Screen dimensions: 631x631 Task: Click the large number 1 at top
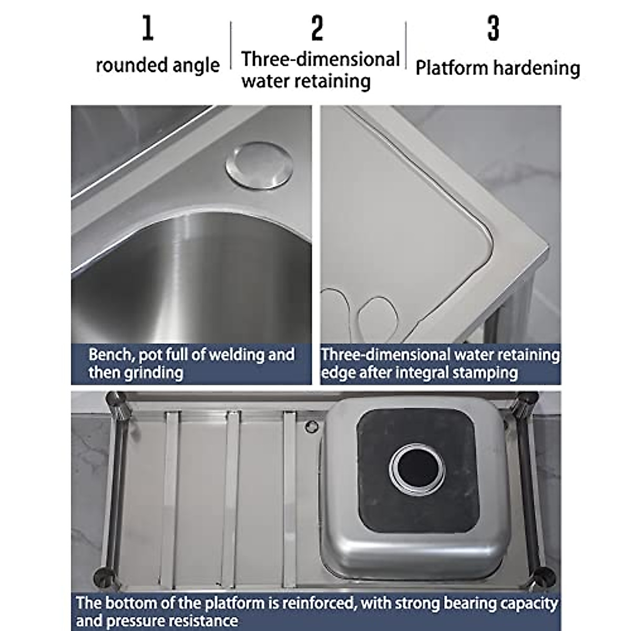[148, 29]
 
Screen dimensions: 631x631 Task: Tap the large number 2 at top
[317, 29]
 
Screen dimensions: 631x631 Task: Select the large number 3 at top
[493, 29]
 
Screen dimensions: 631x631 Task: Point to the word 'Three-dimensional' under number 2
[320, 59]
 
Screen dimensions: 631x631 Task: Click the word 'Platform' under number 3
[452, 68]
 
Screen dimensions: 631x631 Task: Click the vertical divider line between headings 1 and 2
[231, 46]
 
